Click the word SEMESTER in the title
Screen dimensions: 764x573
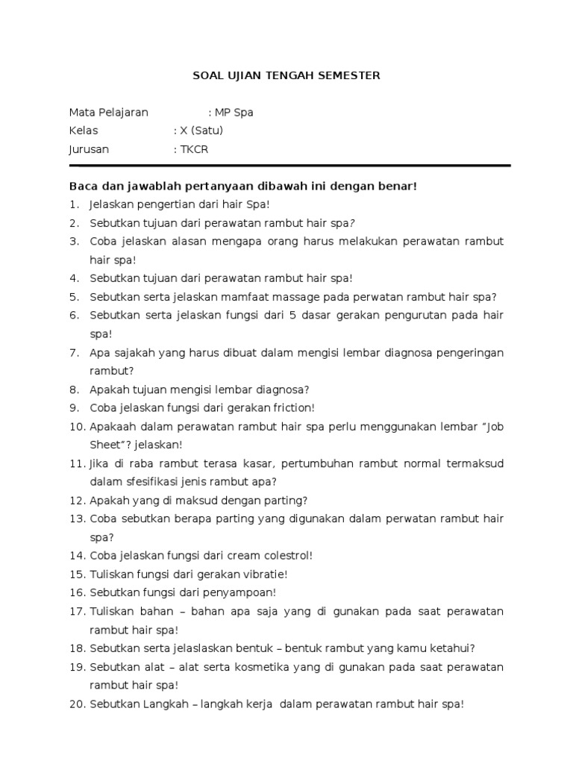348,75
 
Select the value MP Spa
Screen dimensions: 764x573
234,113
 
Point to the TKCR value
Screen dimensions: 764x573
194,149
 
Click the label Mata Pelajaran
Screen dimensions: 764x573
109,113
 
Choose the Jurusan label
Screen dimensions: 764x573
89,149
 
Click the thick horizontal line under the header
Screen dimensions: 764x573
289,166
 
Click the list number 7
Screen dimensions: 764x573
74,352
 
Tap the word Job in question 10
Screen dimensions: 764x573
495,426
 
